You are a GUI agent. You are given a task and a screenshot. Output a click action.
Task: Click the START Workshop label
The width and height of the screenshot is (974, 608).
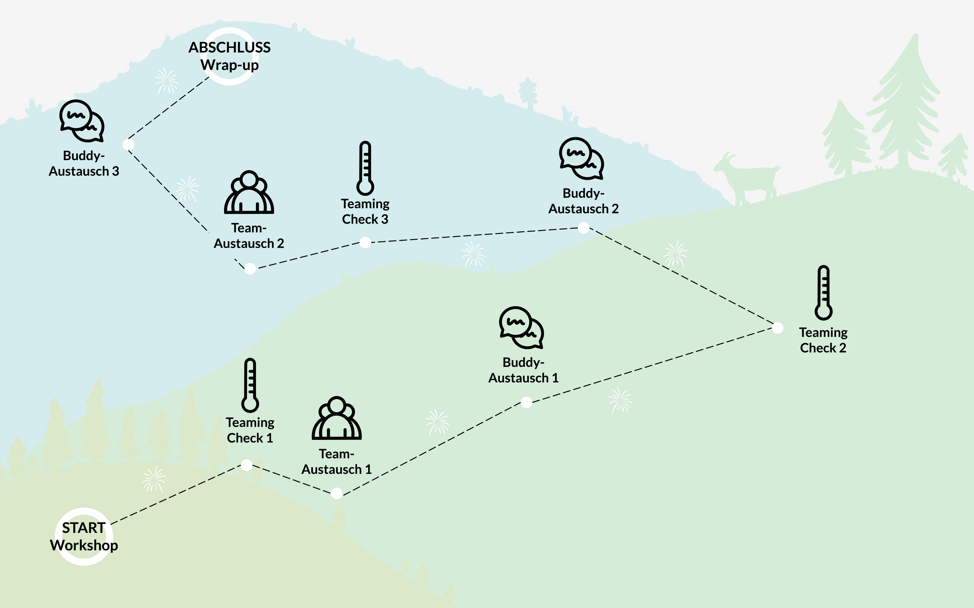84,536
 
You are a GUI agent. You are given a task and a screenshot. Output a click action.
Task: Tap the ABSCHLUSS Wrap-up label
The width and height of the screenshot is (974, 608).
229,56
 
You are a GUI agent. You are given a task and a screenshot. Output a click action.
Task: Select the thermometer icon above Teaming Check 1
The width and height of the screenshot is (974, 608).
250,385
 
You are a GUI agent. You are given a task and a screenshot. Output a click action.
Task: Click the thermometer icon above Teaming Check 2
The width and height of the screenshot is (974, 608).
823,293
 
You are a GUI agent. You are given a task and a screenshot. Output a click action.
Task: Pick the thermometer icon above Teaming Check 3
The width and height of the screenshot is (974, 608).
365,168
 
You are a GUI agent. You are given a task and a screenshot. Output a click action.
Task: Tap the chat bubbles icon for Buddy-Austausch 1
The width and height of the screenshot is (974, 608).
521,327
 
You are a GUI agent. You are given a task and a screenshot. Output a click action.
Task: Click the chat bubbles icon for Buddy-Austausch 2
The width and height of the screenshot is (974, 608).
581,159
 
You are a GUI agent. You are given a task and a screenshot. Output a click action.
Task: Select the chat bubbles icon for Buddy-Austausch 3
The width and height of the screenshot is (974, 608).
82,121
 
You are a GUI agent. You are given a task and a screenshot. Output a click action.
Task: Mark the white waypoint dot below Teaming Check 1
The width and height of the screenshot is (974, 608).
247,465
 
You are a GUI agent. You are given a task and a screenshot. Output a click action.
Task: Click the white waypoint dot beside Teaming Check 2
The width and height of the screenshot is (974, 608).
778,328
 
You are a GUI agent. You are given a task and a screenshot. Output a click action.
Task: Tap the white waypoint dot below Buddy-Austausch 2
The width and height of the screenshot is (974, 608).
584,228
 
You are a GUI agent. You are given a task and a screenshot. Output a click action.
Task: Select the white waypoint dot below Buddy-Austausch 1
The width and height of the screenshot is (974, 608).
526,402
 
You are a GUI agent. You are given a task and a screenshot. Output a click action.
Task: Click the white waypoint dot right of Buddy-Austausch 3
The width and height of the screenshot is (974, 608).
128,145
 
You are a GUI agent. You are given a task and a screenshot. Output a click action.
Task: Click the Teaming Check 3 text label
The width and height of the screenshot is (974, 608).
365,211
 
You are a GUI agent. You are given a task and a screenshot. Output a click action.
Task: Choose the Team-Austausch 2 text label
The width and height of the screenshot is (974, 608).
249,236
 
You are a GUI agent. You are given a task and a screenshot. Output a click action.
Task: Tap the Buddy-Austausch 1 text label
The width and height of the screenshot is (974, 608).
524,370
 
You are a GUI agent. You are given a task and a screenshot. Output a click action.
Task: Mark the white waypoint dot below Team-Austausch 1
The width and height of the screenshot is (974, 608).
337,493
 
